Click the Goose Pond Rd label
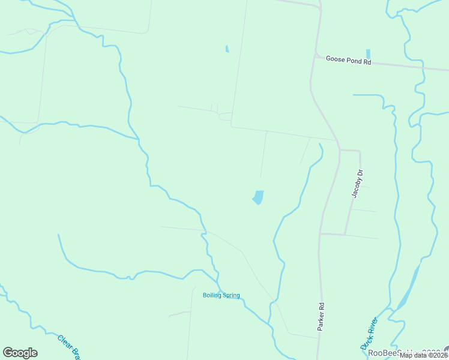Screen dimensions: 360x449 click(349, 61)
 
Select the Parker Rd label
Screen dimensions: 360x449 click(322, 316)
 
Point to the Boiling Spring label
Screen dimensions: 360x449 click(221, 295)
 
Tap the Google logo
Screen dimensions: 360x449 click(20, 353)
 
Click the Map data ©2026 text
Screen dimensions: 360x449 click(423, 355)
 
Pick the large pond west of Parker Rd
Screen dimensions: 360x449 click(258, 197)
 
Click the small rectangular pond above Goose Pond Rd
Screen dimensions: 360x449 click(368, 54)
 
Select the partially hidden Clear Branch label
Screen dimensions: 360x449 click(69, 347)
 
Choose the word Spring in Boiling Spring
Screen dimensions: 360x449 click(231, 295)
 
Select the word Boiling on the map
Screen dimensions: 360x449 click(212, 295)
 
